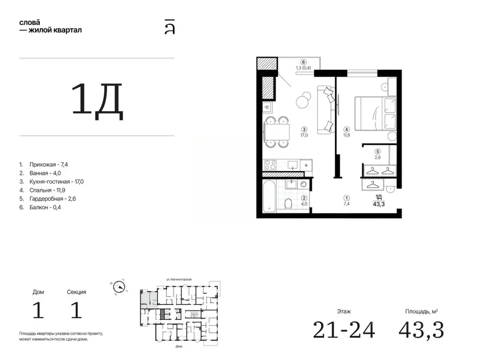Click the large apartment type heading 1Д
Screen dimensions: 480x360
[x=97, y=101]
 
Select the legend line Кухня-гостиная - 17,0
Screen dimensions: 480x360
[x=56, y=181]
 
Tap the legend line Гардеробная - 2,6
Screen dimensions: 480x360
[x=52, y=199]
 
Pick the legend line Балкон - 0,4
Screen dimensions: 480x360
[x=45, y=207]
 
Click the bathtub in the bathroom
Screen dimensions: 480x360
[x=270, y=196]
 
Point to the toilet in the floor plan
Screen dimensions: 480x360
[x=288, y=203]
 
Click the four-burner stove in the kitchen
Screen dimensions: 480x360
[x=270, y=165]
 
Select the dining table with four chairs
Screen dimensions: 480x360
[x=277, y=132]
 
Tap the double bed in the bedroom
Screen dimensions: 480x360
[x=375, y=113]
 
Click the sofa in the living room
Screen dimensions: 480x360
[x=326, y=110]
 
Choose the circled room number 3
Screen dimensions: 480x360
[x=304, y=129]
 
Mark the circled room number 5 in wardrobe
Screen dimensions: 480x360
[x=377, y=151]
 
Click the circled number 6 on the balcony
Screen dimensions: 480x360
[x=303, y=62]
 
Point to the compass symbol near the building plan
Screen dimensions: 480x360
[x=119, y=287]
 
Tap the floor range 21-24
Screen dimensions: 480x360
[x=344, y=330]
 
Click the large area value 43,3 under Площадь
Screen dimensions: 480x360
[x=421, y=330]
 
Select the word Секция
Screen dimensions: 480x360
[x=76, y=292]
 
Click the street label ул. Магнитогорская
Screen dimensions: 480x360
[x=179, y=279]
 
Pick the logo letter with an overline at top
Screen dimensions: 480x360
[x=170, y=27]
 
